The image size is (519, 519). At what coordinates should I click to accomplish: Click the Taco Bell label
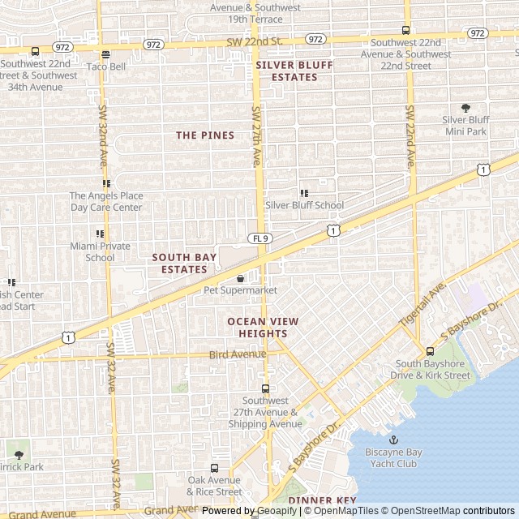coord(105,66)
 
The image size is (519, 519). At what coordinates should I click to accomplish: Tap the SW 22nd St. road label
coord(254,41)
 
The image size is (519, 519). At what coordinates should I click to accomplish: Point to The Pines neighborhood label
coord(205,135)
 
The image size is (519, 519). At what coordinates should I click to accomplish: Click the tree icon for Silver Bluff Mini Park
coord(465,108)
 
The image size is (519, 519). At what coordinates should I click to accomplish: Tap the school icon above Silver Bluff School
coord(304,193)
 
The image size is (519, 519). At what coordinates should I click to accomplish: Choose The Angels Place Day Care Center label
coord(106,201)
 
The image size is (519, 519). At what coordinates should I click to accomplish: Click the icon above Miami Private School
coord(100,234)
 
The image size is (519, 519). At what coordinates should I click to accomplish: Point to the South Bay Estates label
coord(184,263)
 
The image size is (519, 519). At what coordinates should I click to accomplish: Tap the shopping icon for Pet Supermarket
coord(240,278)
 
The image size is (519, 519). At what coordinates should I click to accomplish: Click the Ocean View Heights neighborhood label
coord(263,327)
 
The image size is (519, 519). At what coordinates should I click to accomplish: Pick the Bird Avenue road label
coord(237,354)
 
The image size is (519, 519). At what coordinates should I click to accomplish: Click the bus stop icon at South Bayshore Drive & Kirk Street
coord(430,351)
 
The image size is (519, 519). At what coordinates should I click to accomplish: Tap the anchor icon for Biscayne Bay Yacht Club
coord(394,440)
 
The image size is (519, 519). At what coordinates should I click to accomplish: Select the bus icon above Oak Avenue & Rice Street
coord(214,468)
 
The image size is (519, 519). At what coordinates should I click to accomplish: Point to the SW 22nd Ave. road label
coord(410,135)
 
